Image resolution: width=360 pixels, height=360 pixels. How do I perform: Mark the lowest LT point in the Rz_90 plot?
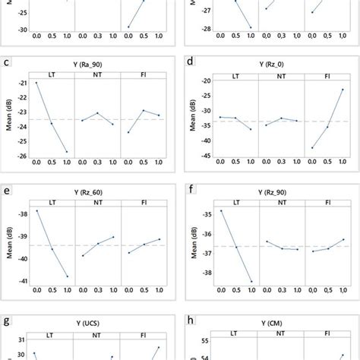coord(252,282)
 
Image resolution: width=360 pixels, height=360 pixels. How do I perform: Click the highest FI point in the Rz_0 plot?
coord(342,90)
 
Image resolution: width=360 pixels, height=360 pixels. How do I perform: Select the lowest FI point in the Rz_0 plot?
coord(311,147)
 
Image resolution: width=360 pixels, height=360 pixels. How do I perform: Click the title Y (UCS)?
coord(98,323)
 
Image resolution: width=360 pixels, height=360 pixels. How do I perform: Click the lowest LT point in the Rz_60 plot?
coord(67,276)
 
